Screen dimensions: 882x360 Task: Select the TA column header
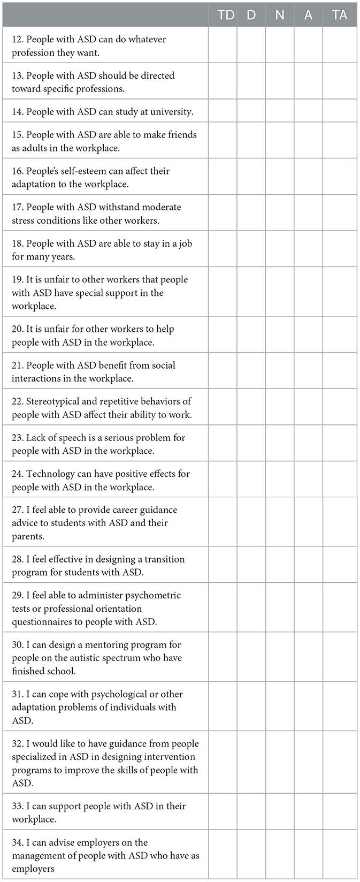point(340,15)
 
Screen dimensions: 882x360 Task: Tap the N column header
point(280,15)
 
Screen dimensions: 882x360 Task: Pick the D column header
point(251,15)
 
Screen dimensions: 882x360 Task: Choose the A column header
point(308,15)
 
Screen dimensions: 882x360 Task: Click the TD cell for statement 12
point(223,45)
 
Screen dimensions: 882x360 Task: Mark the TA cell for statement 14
point(340,111)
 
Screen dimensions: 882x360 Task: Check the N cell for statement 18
point(280,249)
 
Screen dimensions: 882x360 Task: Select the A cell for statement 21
point(308,371)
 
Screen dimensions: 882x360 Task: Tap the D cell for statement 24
point(251,480)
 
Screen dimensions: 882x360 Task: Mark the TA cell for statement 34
point(340,855)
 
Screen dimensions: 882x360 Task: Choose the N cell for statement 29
point(280,607)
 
